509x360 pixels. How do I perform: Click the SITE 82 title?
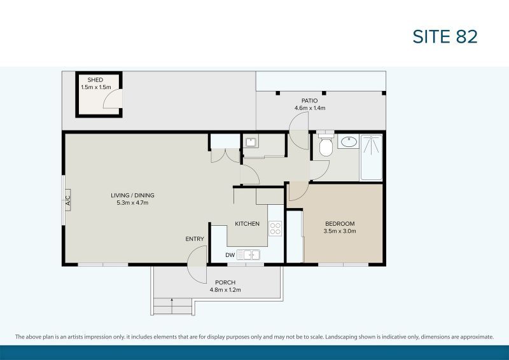click(445, 37)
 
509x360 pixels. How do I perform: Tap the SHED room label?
click(95, 80)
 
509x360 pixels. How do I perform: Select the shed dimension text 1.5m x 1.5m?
click(95, 87)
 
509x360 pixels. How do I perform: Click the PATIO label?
click(310, 100)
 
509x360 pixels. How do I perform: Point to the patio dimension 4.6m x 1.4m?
click(310, 108)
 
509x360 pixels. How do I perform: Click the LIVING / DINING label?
click(132, 195)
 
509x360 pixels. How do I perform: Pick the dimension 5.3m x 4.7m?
click(132, 203)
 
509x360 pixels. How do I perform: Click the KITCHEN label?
click(247, 224)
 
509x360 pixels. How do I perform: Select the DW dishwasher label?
click(230, 255)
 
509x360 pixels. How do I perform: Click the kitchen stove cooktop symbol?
click(275, 228)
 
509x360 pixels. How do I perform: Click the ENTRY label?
click(195, 239)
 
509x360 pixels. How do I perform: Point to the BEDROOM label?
click(340, 223)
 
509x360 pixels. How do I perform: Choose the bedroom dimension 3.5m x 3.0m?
click(340, 231)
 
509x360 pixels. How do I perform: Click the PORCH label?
click(225, 282)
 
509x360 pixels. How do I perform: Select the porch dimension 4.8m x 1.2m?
click(225, 290)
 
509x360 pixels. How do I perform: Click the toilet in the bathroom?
click(325, 146)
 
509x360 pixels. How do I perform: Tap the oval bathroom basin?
click(348, 141)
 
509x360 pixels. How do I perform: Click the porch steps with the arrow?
click(172, 307)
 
